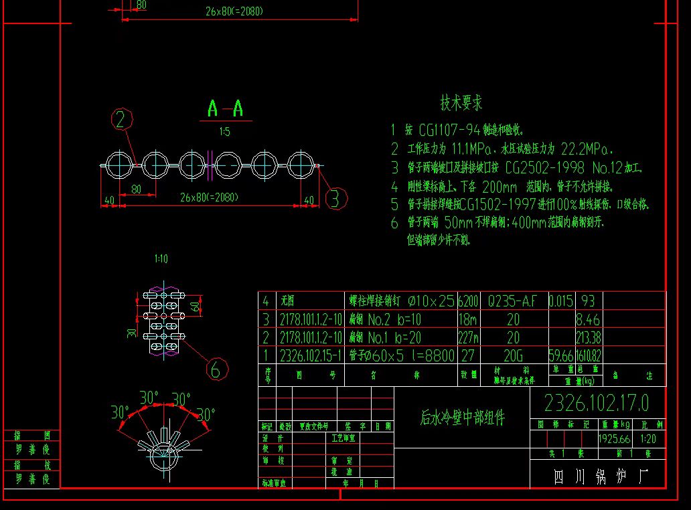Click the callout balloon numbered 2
(121, 119)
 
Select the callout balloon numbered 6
(216, 369)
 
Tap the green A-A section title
(225, 108)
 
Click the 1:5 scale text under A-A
(224, 133)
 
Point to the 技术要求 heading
(461, 103)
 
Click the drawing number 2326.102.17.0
(596, 403)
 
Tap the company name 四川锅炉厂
(598, 477)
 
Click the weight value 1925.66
(615, 440)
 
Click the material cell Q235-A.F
(512, 301)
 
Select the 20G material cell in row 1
(513, 355)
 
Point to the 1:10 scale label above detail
(161, 258)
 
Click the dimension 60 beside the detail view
(195, 308)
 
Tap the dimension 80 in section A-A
(136, 189)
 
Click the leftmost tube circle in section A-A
(118, 165)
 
